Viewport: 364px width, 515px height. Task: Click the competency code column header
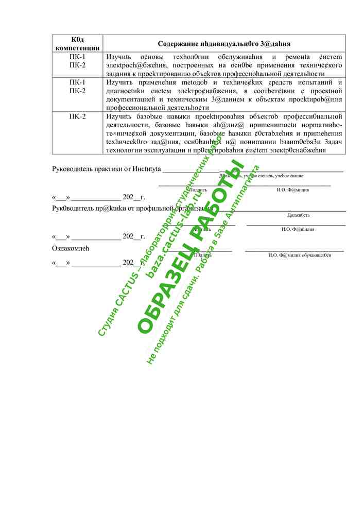tap(77, 43)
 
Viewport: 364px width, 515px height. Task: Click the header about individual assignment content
tap(224, 44)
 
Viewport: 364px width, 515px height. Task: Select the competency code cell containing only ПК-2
tap(77, 116)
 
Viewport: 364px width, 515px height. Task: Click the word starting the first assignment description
tap(119, 57)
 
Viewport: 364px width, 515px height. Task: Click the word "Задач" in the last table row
tap(332, 142)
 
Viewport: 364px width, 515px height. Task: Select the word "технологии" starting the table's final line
tap(124, 150)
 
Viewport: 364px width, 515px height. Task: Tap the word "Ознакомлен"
tap(71, 248)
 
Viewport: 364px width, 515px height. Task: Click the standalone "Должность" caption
tap(298, 215)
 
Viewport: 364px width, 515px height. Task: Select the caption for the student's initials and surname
tap(299, 255)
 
